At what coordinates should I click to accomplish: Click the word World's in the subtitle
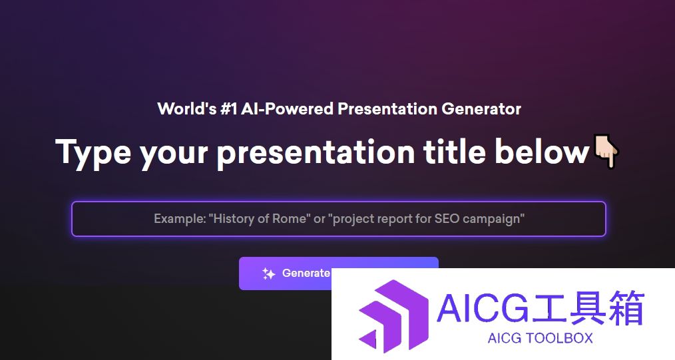[187, 109]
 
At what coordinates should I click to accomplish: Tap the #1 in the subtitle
[228, 109]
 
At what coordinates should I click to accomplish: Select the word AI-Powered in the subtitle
[287, 109]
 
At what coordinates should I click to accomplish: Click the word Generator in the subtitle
[481, 109]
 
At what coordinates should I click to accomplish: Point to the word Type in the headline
[93, 153]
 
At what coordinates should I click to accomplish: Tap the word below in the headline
[542, 152]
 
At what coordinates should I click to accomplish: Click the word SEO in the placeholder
[447, 219]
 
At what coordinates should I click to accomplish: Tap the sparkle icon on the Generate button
[269, 273]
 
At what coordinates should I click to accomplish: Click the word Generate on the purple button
[306, 273]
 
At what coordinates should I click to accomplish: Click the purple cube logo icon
[393, 315]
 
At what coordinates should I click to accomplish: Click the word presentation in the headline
[316, 153]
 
